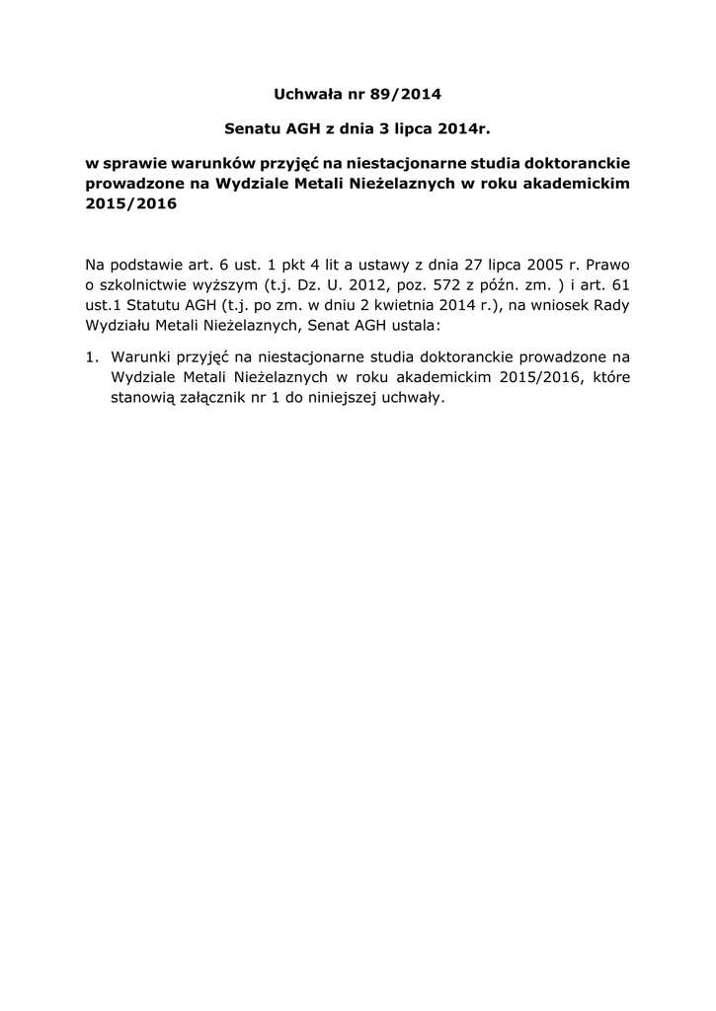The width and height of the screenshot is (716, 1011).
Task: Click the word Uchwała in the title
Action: pyautogui.click(x=305, y=95)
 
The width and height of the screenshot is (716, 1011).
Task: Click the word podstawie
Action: pyautogui.click(x=149, y=265)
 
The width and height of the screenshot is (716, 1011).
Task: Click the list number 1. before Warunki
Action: pyautogui.click(x=92, y=358)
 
